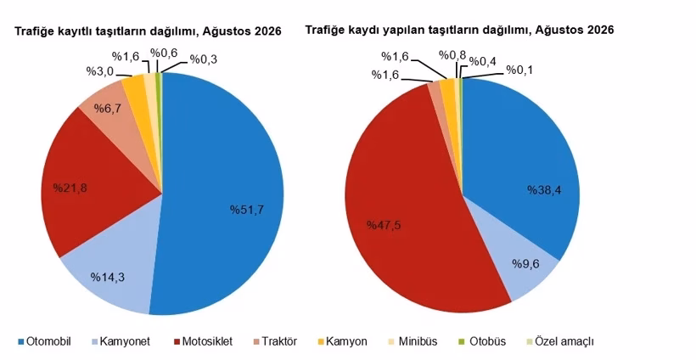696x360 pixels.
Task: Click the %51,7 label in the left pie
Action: (x=247, y=210)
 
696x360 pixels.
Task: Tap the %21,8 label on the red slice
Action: (x=70, y=188)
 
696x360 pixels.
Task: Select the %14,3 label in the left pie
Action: (x=108, y=278)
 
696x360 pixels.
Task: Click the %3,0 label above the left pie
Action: (x=100, y=71)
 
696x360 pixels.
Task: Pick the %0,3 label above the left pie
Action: (x=204, y=59)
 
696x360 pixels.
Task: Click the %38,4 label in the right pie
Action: (x=544, y=190)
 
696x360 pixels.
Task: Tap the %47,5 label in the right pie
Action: (x=384, y=225)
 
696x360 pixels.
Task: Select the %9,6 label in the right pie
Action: (x=525, y=264)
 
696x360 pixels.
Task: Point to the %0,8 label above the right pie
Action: (x=452, y=55)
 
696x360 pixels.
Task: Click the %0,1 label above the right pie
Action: (x=519, y=70)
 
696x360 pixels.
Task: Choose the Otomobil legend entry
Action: (x=44, y=342)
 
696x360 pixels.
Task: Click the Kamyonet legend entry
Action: (x=121, y=342)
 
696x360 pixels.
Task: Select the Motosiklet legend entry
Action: (x=203, y=342)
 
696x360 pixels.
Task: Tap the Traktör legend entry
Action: (x=275, y=342)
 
